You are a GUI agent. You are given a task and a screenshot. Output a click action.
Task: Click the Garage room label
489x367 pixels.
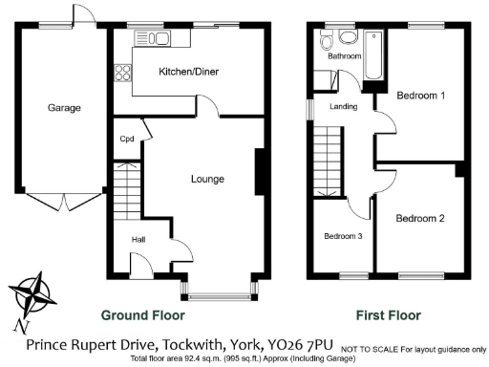tap(64, 108)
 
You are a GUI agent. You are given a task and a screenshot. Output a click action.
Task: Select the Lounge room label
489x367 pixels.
tap(207, 179)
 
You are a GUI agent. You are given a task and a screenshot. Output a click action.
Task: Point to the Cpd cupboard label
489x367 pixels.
tap(126, 139)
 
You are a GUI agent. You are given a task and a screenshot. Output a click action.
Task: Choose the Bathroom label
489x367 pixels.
tap(345, 56)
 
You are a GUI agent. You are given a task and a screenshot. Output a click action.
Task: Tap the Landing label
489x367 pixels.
tap(343, 106)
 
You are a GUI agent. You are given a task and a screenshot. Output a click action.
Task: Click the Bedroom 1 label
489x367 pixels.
tap(421, 96)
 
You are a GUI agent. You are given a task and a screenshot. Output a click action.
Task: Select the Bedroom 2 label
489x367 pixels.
tap(421, 218)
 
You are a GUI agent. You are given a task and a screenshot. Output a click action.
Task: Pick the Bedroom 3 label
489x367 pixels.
tap(342, 236)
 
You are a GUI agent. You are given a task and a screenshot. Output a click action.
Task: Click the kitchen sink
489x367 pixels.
tap(153, 38)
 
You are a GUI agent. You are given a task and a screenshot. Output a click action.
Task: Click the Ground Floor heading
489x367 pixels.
tap(143, 313)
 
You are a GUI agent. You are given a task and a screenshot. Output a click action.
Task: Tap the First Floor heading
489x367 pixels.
tap(390, 313)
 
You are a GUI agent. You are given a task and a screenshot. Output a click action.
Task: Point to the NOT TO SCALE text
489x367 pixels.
tap(367, 347)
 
